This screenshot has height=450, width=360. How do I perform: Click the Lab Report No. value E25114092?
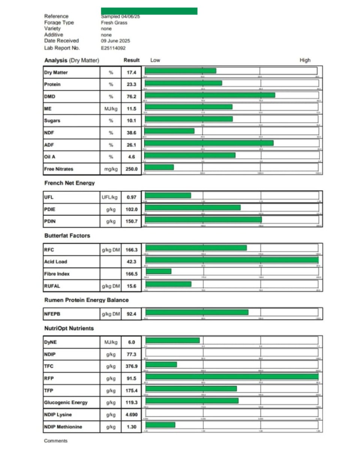click(113, 48)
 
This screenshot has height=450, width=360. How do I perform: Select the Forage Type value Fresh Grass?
click(114, 22)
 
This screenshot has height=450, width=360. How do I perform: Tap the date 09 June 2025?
click(115, 40)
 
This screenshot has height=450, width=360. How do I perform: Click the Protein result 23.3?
click(131, 84)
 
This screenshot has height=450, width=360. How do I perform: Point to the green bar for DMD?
click(210, 95)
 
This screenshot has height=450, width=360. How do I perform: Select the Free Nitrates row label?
click(58, 169)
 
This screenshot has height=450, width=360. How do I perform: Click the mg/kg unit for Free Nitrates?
click(111, 169)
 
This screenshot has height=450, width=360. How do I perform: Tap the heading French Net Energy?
click(69, 183)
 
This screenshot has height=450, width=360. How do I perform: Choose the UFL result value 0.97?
click(131, 197)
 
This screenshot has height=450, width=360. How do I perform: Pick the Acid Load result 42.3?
click(131, 262)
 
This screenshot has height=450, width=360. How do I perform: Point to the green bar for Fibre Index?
click(158, 271)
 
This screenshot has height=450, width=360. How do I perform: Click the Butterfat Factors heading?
click(67, 235)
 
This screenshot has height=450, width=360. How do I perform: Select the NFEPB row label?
click(52, 314)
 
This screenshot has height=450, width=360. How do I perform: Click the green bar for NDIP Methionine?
click(160, 425)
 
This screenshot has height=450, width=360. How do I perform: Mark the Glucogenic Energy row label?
click(66, 402)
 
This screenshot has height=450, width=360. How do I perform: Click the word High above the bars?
click(305, 60)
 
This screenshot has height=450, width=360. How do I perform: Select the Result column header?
click(131, 60)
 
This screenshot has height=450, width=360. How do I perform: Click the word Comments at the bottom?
click(56, 441)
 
